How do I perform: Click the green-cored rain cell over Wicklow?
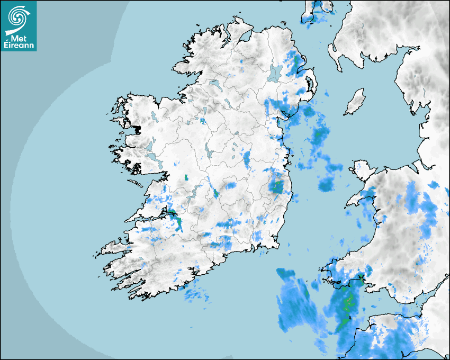click(x=276, y=186)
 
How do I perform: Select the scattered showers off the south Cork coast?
click(x=196, y=294)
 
